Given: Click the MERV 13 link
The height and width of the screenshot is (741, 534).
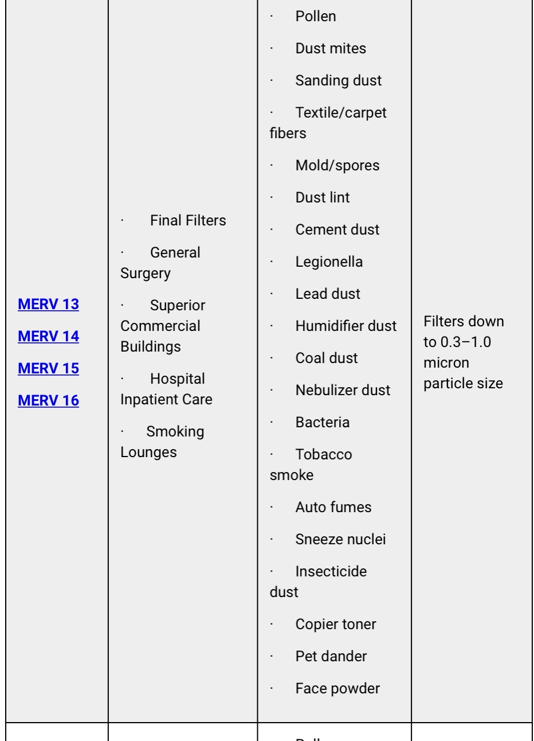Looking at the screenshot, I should tap(48, 304).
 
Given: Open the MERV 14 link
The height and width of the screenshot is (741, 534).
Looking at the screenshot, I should tap(48, 336).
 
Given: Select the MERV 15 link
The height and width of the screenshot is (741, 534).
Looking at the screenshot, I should tap(48, 368).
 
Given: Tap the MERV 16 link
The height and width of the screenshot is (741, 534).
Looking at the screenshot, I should tap(48, 400).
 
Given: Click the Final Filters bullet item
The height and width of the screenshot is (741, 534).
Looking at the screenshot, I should tap(187, 220).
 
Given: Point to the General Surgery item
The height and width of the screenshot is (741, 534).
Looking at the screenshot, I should tap(160, 263).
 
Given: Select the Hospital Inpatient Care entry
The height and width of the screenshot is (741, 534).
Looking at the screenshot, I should tap(166, 389).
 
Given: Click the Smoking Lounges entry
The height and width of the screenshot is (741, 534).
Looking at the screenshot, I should tap(162, 442).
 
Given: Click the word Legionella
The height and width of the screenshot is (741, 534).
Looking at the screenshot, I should tap(329, 262).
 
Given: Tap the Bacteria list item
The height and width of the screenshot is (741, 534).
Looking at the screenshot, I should tap(322, 422).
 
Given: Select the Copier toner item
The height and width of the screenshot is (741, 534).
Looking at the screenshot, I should tap(336, 624).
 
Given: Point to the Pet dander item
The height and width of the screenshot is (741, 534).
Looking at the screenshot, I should tap(331, 656).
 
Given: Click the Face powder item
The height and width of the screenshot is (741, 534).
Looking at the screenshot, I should tap(337, 688).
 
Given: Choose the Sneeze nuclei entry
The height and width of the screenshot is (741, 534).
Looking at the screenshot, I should tap(340, 539).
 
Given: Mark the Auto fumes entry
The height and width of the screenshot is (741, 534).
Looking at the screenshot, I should tap(333, 507).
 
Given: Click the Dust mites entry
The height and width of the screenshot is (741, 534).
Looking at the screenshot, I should tap(331, 48).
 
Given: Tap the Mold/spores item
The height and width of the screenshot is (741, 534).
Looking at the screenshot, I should tap(337, 165).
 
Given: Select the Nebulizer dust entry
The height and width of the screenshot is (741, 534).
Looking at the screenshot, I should tap(343, 390).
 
